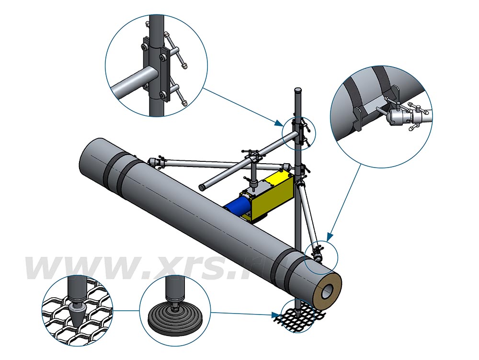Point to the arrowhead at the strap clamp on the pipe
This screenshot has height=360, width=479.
(x=329, y=237)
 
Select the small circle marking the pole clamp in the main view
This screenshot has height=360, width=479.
(x=297, y=131)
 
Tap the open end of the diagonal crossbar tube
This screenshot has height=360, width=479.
(x=203, y=186)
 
